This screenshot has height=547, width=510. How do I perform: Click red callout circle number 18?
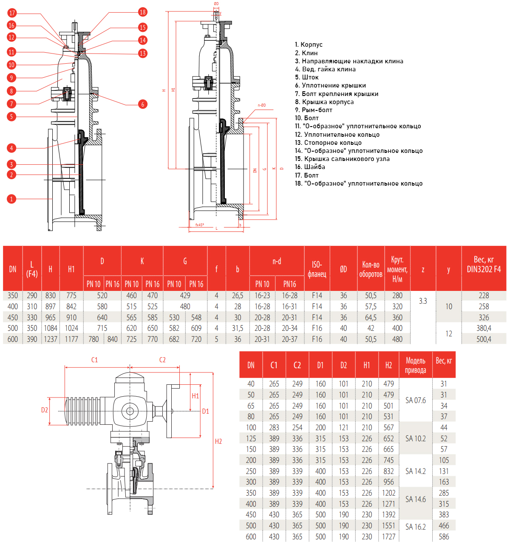tap(143, 12)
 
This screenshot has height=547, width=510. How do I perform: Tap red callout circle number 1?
tap(11, 199)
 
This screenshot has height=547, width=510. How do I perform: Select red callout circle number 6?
tap(143, 104)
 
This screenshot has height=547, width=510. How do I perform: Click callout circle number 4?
tap(11, 148)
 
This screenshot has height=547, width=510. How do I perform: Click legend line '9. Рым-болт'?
tap(314, 110)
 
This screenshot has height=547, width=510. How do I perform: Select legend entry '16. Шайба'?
tap(310, 167)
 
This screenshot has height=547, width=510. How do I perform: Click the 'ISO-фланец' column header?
tap(317, 269)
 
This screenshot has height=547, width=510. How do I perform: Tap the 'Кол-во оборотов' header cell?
tap(371, 269)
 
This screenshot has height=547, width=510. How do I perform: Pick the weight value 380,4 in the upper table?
tap(484, 328)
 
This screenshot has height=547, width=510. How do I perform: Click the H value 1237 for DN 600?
tap(51, 339)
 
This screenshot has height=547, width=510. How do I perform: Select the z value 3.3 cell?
tap(423, 301)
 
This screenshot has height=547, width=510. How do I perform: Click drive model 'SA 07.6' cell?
tap(415, 400)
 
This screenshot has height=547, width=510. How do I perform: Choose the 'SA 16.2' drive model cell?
tap(415, 527)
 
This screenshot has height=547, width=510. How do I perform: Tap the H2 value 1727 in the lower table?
tap(388, 536)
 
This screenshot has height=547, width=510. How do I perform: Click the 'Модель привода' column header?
tap(415, 365)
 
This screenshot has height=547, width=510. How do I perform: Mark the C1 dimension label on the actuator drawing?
tap(94, 360)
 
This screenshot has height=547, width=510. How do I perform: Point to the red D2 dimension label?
tap(45, 410)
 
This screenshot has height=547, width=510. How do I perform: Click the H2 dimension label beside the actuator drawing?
tap(218, 441)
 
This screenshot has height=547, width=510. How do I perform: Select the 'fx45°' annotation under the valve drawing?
tap(199, 225)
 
